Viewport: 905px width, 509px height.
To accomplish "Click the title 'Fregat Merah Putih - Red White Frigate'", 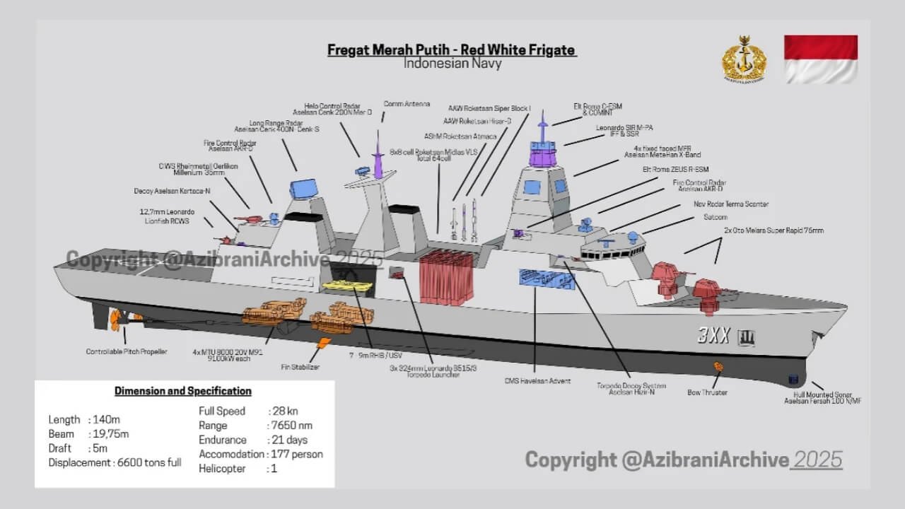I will pos(452,50).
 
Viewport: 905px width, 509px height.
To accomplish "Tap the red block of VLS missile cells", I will pos(446,277).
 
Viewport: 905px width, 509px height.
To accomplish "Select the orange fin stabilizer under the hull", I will pos(323,344).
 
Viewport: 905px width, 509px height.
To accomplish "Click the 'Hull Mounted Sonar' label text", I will pos(822,396).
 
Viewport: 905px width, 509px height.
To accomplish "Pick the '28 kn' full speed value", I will pos(286,411).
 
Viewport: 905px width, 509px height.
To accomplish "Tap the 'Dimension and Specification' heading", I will pos(182,391).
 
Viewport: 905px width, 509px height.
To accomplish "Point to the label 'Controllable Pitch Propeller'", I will pos(127,351).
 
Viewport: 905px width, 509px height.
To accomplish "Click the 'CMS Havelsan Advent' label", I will pos(537,381).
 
